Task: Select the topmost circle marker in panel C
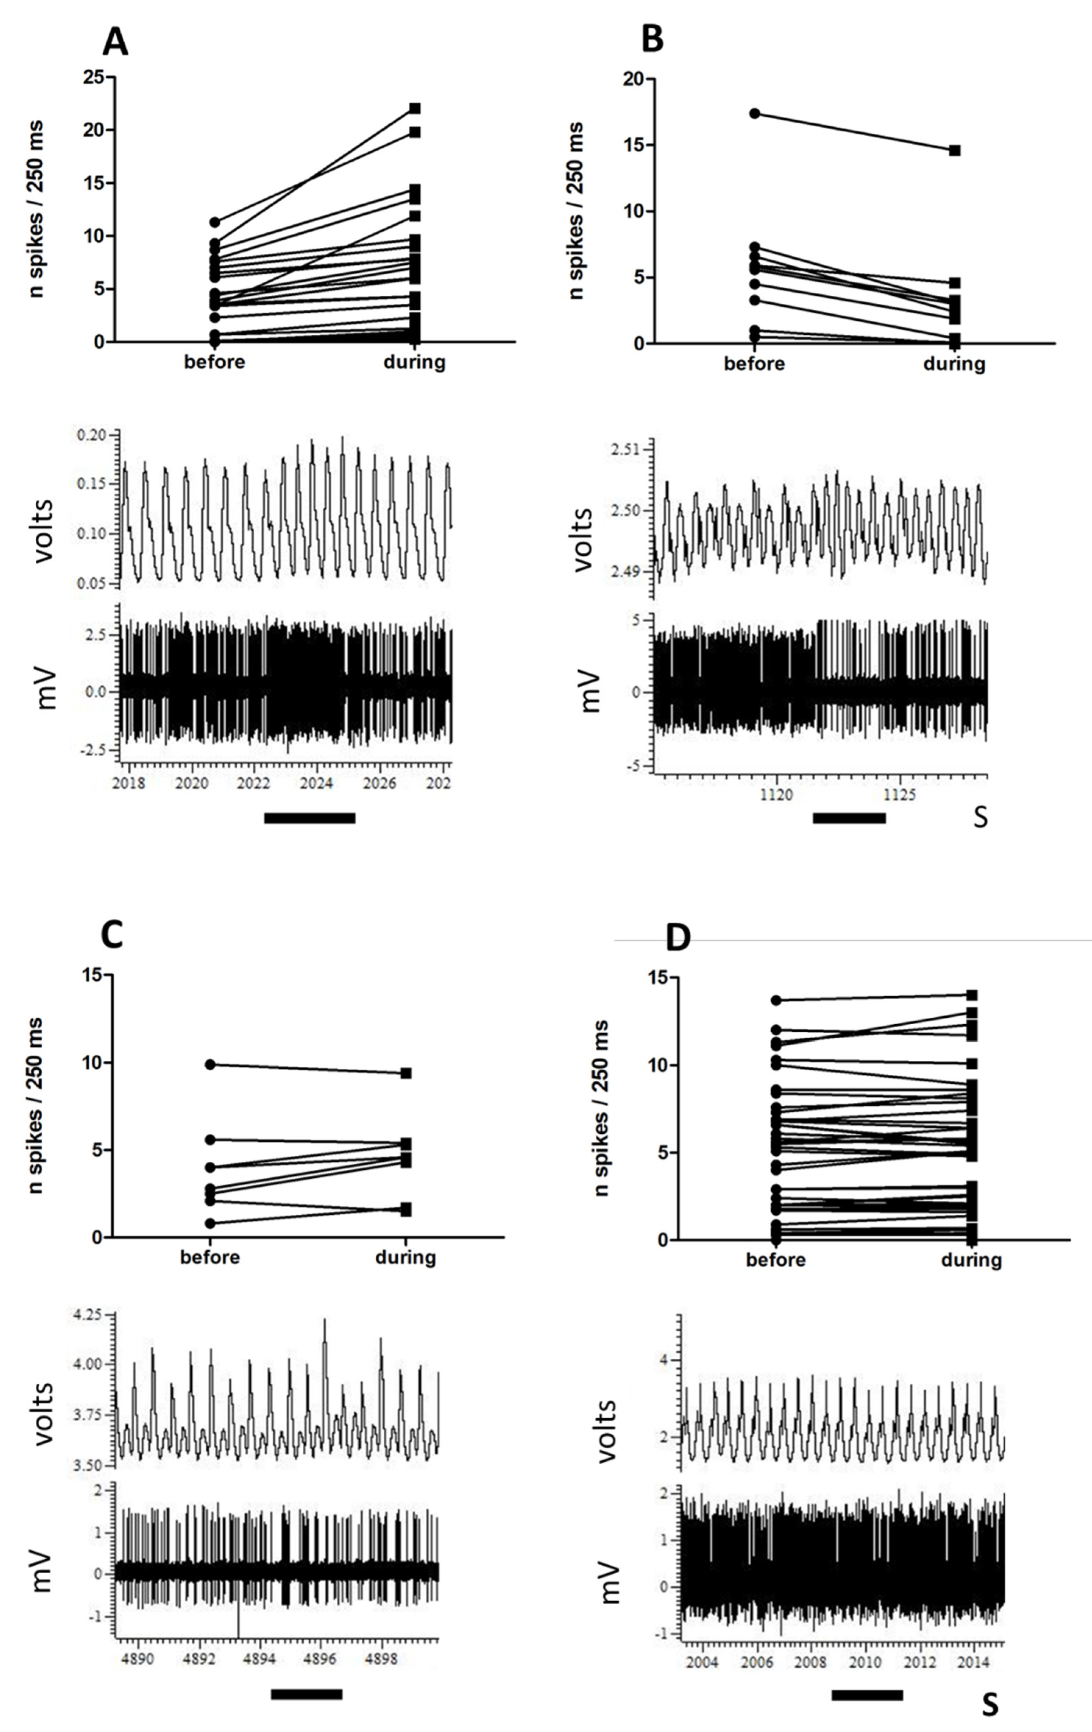click(210, 1064)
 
